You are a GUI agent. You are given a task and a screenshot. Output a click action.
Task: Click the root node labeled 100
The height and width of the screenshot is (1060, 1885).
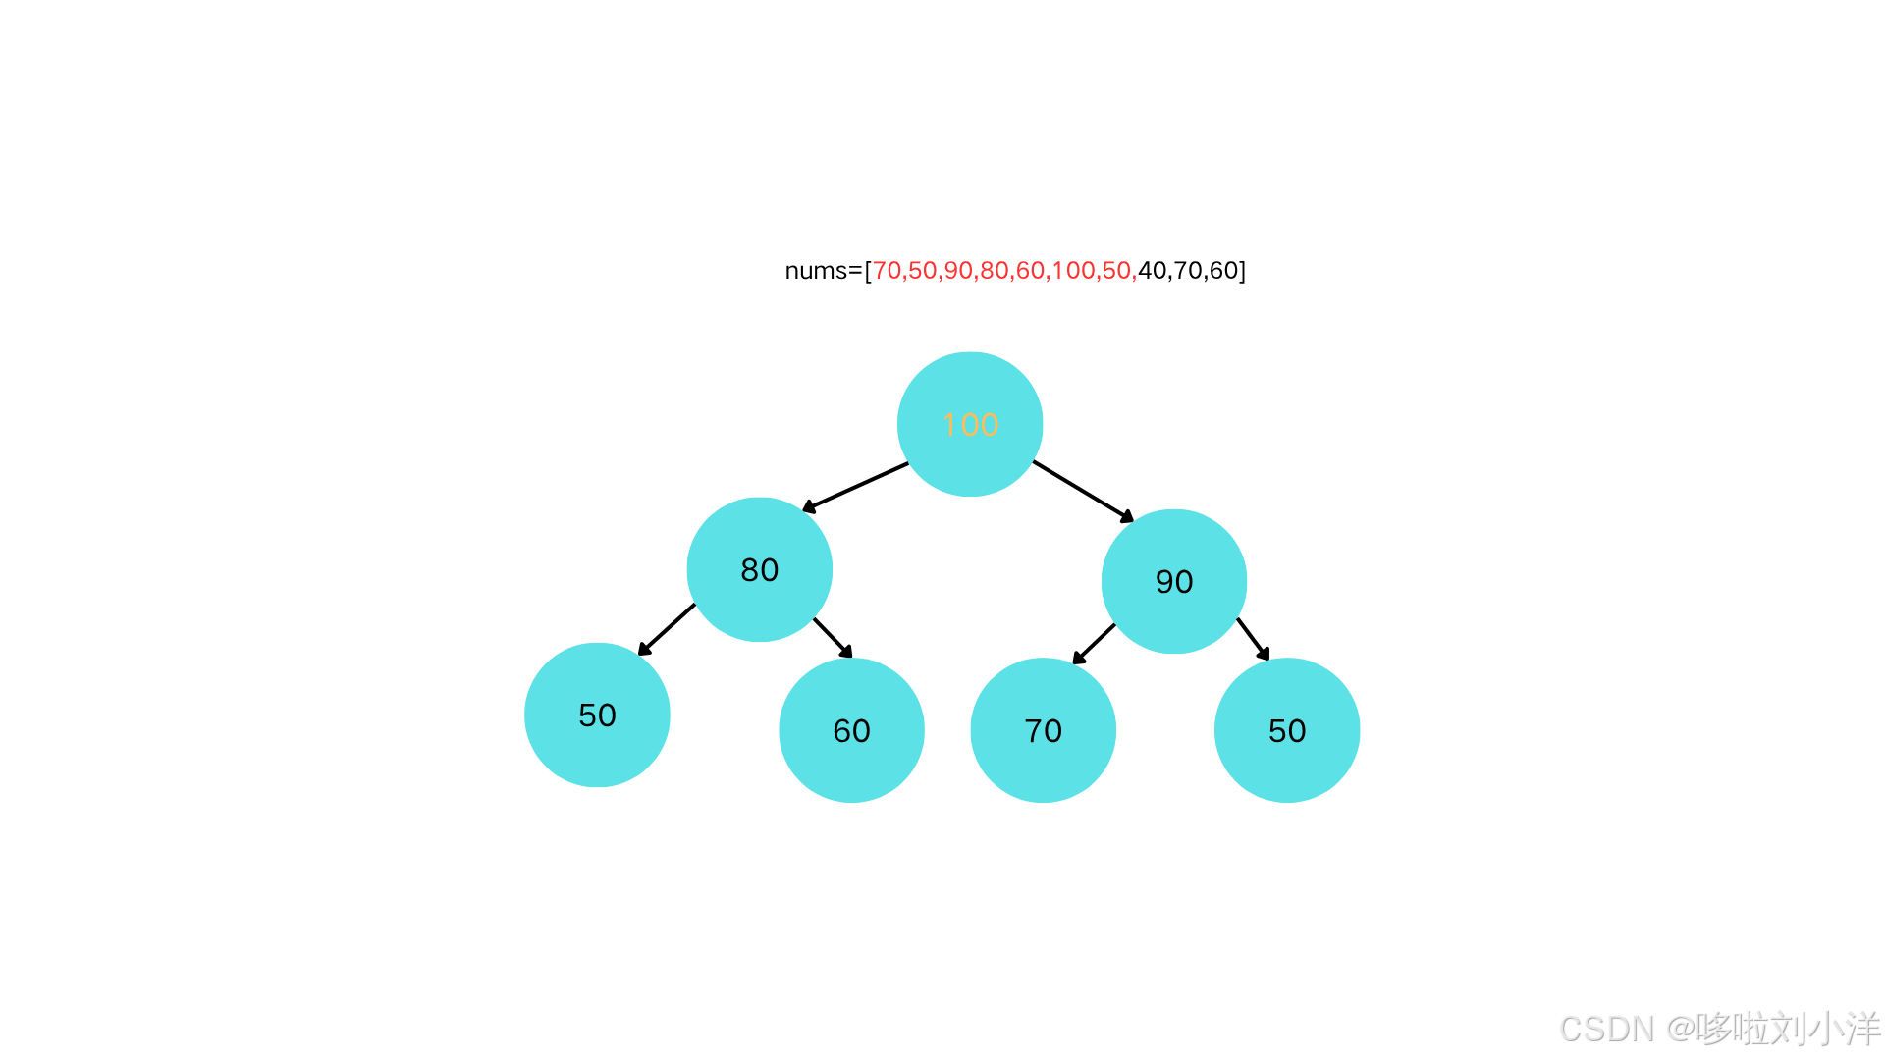(970, 424)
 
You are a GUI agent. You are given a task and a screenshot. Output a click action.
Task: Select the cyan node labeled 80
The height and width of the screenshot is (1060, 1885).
(759, 569)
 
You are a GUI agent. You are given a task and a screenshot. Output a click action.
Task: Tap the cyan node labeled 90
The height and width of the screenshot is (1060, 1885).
(1174, 581)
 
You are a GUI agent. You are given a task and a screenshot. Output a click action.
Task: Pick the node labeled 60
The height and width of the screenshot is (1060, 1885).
(851, 730)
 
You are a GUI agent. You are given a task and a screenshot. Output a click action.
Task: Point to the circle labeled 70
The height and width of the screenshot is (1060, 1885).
(1043, 730)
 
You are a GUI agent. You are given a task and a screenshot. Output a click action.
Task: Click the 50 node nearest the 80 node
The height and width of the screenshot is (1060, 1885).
(597, 715)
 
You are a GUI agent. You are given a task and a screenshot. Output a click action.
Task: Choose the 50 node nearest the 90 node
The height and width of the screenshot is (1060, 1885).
(1287, 730)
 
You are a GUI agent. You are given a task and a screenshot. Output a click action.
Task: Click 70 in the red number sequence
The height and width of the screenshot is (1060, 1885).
(886, 270)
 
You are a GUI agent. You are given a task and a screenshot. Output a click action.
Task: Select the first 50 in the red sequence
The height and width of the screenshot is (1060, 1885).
(922, 270)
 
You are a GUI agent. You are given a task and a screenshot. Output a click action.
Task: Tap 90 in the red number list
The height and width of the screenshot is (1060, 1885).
(958, 270)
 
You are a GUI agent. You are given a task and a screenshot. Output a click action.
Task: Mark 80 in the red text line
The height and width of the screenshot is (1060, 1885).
(994, 270)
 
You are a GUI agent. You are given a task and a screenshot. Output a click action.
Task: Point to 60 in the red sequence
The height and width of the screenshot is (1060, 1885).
(1030, 270)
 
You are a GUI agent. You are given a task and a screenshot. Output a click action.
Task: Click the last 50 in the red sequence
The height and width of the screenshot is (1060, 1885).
(1116, 270)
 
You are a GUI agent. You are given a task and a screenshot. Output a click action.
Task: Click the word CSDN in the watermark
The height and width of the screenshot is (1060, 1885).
(1605, 1028)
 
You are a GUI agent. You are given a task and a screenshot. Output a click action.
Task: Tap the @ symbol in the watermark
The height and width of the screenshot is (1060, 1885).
(1679, 1028)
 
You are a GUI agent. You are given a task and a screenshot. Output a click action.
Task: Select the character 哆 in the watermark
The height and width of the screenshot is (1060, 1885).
(1712, 1028)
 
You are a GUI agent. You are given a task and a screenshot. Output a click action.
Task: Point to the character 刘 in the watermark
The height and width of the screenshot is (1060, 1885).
(1787, 1028)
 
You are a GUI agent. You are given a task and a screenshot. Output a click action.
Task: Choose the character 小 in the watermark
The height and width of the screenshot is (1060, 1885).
(1824, 1028)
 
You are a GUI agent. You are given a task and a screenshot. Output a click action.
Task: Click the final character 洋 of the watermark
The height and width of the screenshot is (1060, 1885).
(1861, 1028)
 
